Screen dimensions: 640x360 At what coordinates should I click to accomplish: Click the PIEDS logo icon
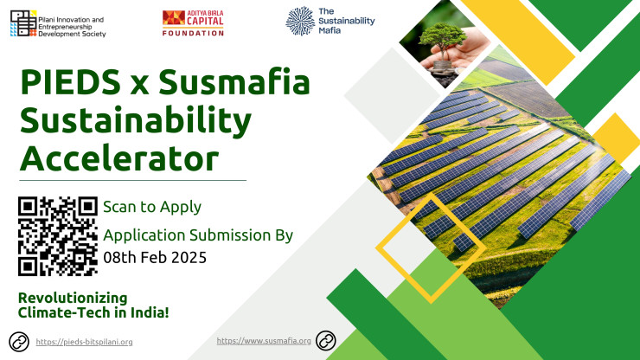[23, 23]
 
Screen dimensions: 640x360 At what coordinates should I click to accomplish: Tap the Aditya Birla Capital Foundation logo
[193, 23]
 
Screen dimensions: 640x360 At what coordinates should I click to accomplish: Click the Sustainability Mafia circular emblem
[300, 22]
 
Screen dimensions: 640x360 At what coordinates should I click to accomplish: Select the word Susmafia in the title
[234, 82]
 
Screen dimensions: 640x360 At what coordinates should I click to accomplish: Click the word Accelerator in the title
[119, 158]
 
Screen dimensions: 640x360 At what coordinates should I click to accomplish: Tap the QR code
[58, 236]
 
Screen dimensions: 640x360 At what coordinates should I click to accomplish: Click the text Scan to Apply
[152, 207]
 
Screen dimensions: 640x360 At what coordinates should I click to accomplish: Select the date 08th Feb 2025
[155, 257]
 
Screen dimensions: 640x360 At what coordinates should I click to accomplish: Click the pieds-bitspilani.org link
[84, 342]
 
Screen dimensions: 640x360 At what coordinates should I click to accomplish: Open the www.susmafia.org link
[264, 341]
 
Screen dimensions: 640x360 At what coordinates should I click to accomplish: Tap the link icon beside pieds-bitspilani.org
[19, 342]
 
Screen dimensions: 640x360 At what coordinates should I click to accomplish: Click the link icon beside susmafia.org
[326, 341]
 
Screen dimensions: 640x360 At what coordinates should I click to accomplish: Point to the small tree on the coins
[443, 41]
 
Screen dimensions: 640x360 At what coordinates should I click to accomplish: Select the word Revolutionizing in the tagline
[73, 298]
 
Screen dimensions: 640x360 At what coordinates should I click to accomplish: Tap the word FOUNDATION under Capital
[193, 33]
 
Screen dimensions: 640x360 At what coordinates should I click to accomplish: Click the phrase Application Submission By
[198, 235]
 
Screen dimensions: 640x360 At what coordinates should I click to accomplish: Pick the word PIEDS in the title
[70, 82]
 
